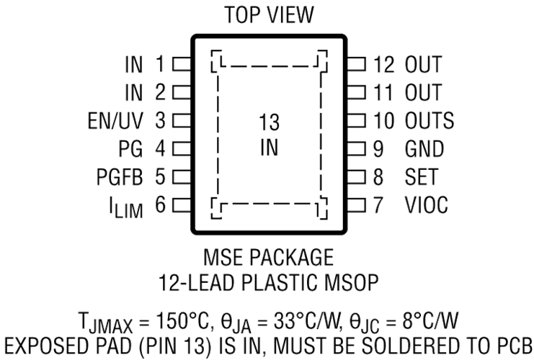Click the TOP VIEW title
click(x=269, y=15)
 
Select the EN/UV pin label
click(x=115, y=120)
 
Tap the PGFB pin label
click(x=120, y=177)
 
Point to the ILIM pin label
click(x=126, y=207)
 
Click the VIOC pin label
click(x=426, y=204)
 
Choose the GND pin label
click(x=424, y=149)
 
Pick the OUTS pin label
click(x=429, y=120)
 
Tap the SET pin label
click(x=422, y=177)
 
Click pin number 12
click(x=384, y=64)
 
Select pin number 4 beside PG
click(x=161, y=149)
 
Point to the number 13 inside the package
click(x=269, y=122)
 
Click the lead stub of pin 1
click(x=182, y=64)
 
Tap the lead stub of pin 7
click(x=356, y=205)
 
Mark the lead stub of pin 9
click(x=356, y=149)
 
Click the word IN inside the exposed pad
click(x=269, y=148)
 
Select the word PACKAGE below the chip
click(x=292, y=258)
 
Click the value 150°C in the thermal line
click(x=182, y=320)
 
